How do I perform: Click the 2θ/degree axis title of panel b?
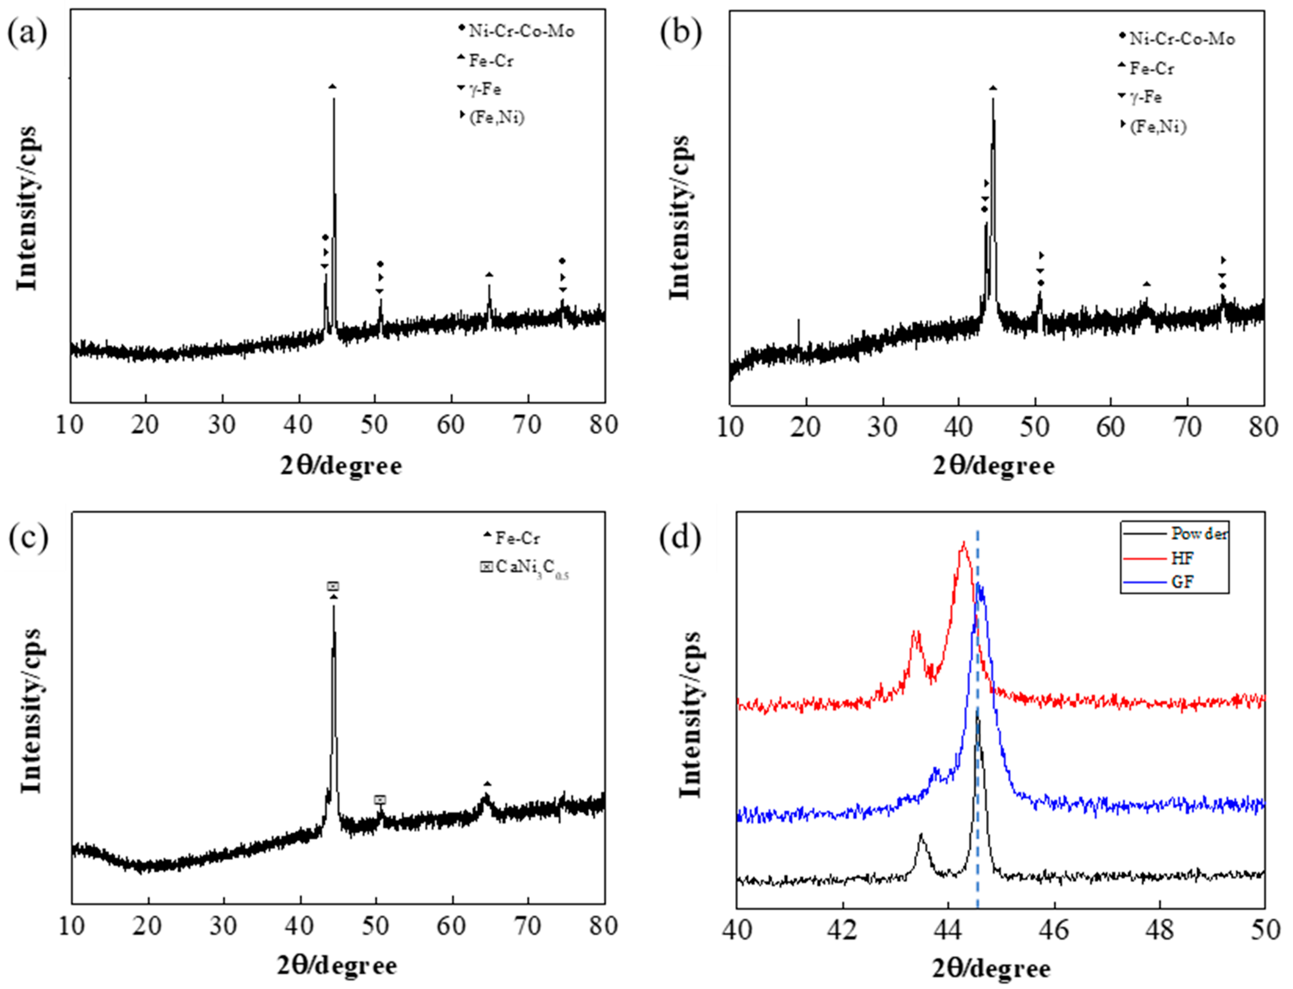coord(993,466)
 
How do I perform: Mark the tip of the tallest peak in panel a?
coord(334,99)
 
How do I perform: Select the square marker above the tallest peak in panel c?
coord(333,586)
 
